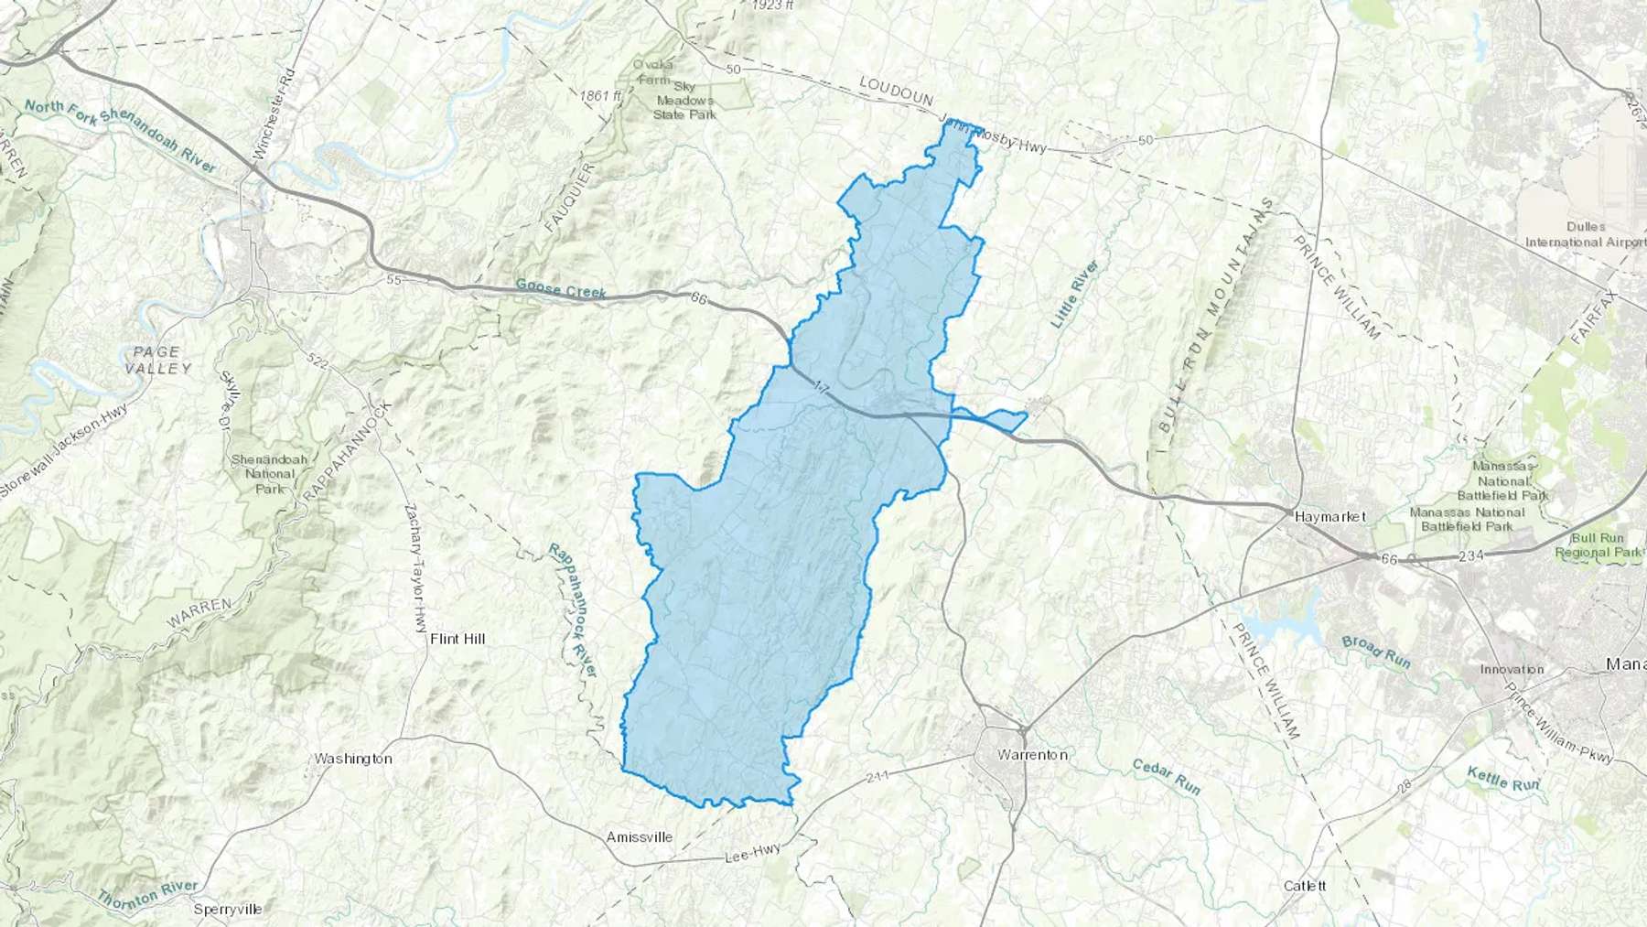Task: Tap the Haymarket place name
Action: tap(1329, 516)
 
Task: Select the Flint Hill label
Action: tap(457, 639)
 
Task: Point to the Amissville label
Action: tap(640, 837)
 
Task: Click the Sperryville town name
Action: tap(228, 909)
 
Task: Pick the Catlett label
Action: tap(1305, 886)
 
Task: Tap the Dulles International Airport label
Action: tap(1585, 234)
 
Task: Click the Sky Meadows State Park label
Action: tap(684, 101)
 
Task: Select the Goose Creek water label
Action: tap(561, 289)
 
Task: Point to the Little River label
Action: tap(1073, 294)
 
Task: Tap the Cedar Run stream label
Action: tap(1166, 776)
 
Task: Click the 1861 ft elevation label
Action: tap(600, 95)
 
